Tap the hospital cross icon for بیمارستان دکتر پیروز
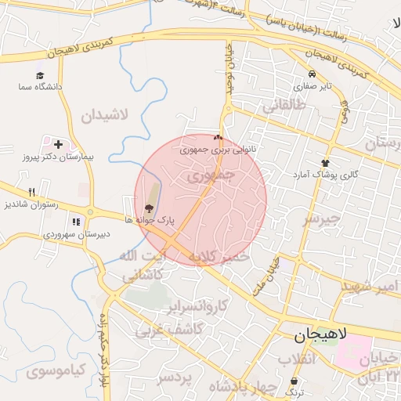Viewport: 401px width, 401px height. pyautogui.click(x=58, y=145)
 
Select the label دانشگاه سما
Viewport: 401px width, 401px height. pyautogui.click(x=41, y=88)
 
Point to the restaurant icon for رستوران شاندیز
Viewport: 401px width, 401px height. pyautogui.click(x=31, y=192)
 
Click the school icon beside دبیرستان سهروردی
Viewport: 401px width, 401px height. pyautogui.click(x=76, y=222)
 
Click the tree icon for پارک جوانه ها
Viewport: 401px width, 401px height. pyautogui.click(x=149, y=208)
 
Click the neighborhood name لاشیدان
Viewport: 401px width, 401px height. pyautogui.click(x=103, y=116)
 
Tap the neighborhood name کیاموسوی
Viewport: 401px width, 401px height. pyautogui.click(x=54, y=370)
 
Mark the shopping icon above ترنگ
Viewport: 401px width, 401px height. pyautogui.click(x=294, y=381)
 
